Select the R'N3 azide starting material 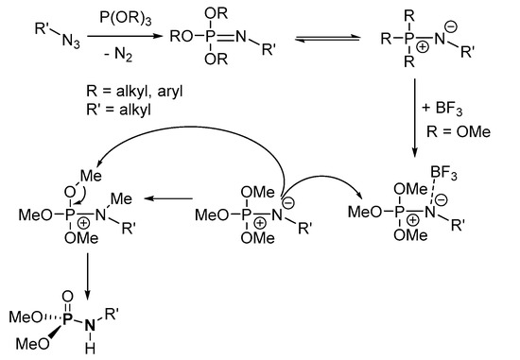(x=39, y=38)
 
